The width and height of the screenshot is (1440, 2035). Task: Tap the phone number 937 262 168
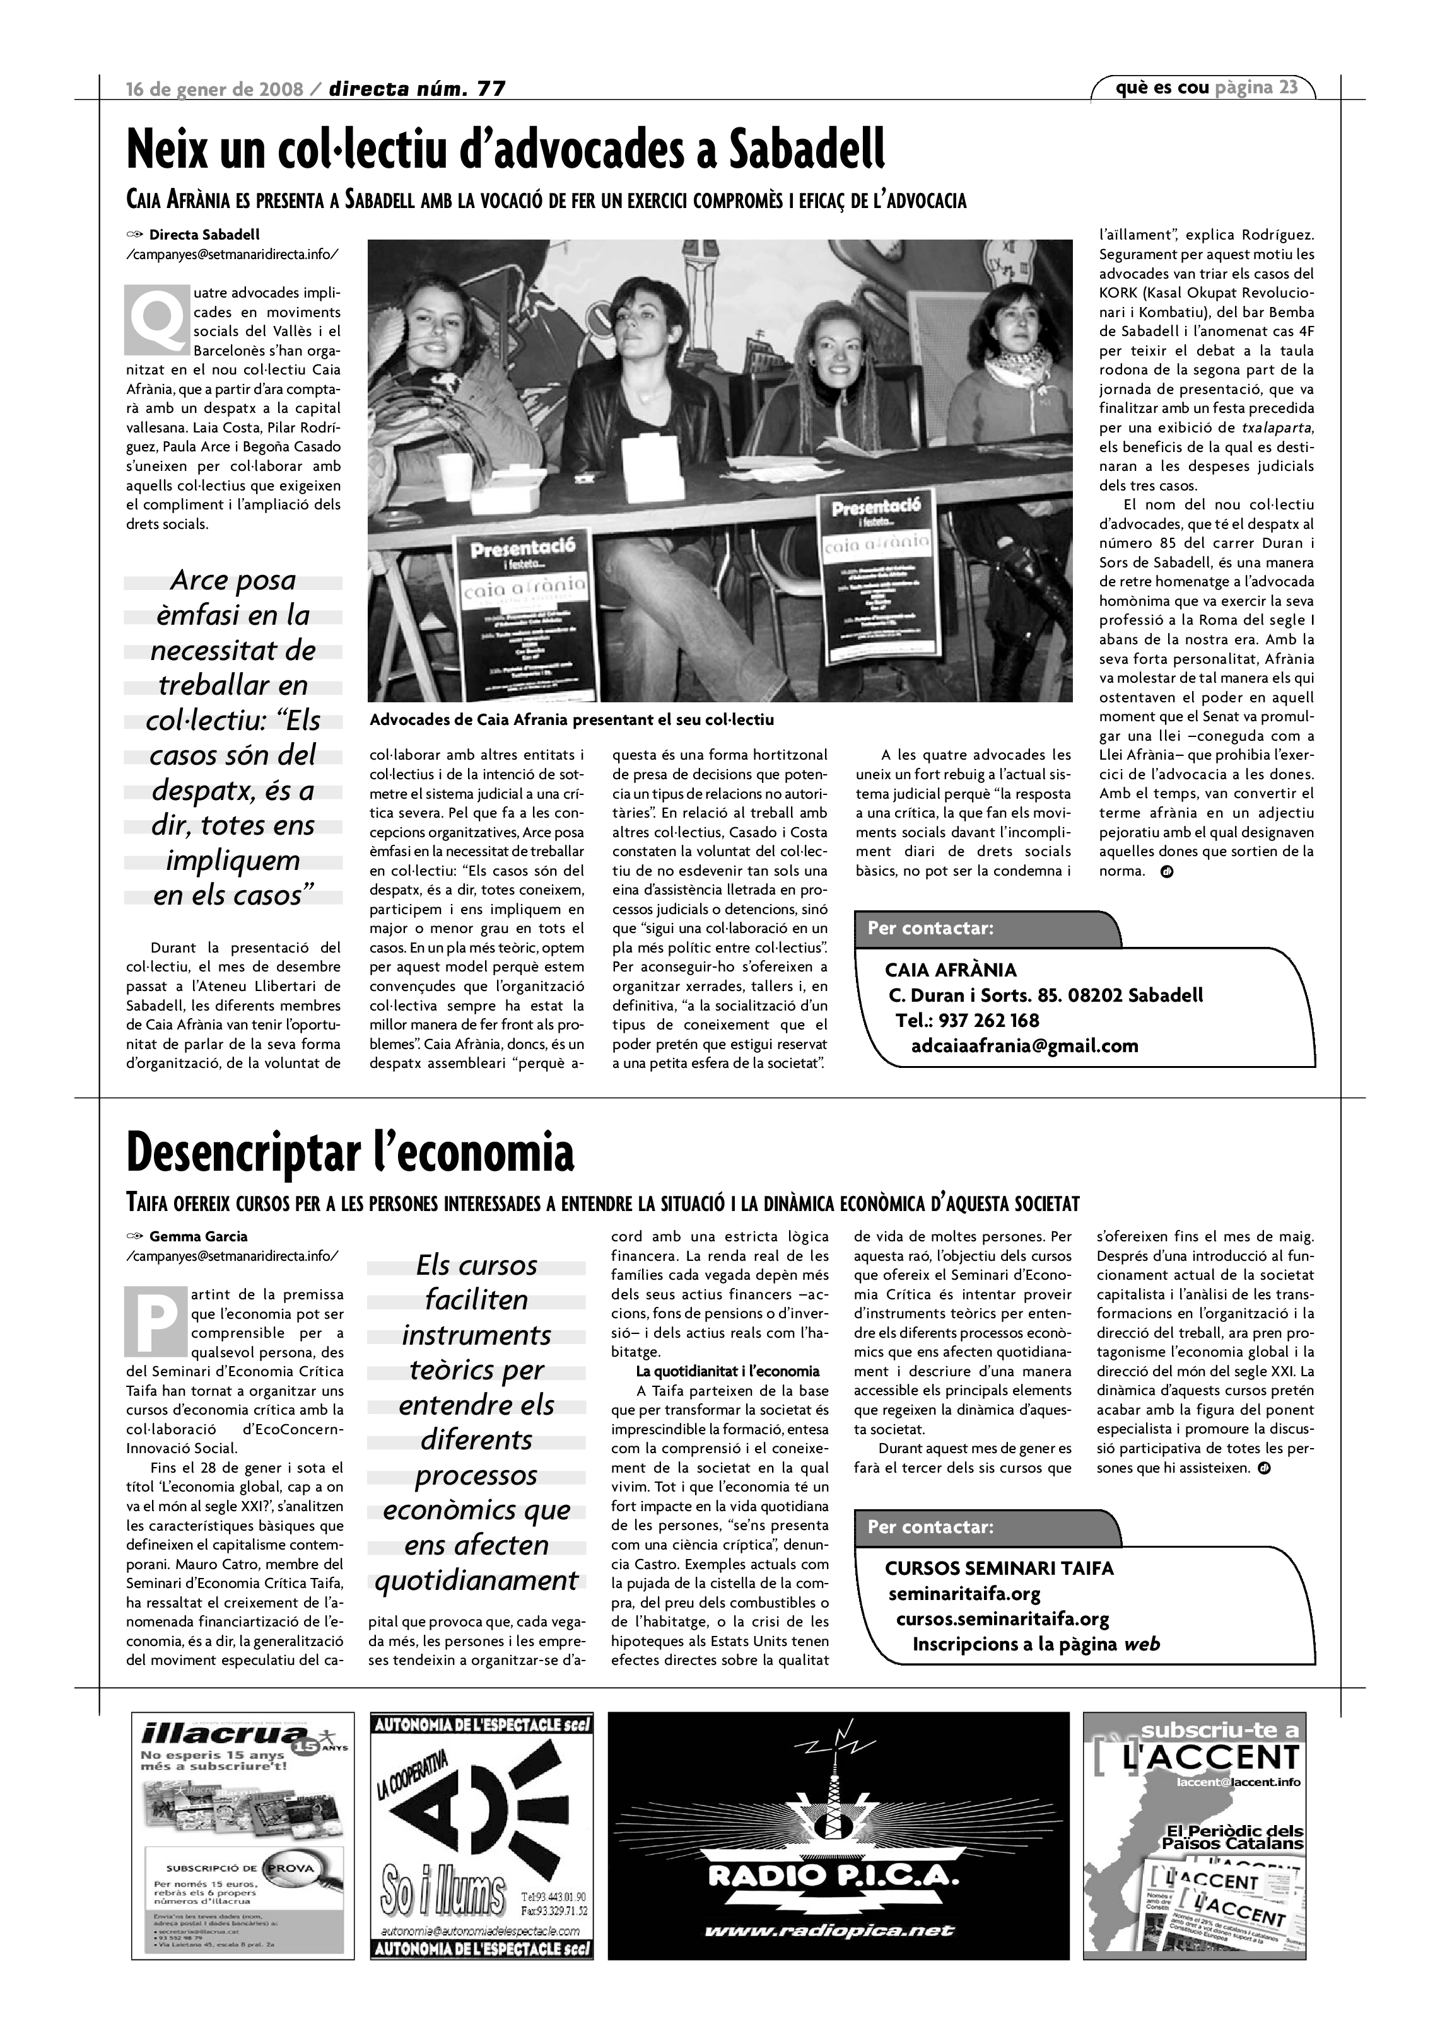pyautogui.click(x=988, y=1020)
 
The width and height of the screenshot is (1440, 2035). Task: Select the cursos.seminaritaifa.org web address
pyautogui.click(x=1002, y=1620)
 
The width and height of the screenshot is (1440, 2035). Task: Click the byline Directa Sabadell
pyautogui.click(x=204, y=235)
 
